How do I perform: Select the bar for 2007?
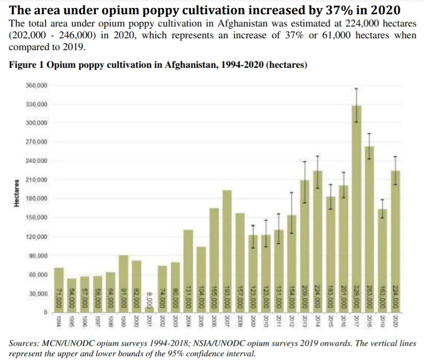(x=227, y=250)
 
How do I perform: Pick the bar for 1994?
(x=59, y=290)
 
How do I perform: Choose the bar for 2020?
(x=395, y=241)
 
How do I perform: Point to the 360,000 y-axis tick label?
(x=37, y=85)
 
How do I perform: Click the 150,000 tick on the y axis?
(x=37, y=218)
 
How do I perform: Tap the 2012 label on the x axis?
(x=291, y=321)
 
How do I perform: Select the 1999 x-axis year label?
(x=124, y=321)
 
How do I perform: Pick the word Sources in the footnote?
(x=24, y=343)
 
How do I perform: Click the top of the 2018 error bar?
(x=370, y=134)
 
